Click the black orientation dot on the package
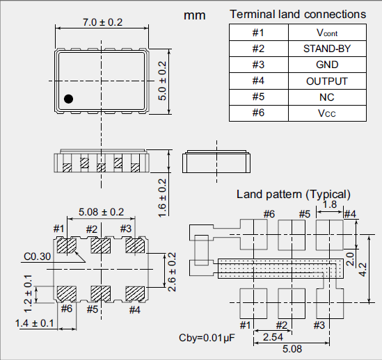(x=68, y=99)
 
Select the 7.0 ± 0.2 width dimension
(x=102, y=22)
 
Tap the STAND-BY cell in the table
(x=327, y=49)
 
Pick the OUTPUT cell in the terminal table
(x=327, y=81)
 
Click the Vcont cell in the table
(x=327, y=33)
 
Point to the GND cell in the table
(x=327, y=65)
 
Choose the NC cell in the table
(x=327, y=97)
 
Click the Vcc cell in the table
(x=327, y=113)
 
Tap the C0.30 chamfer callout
(x=38, y=256)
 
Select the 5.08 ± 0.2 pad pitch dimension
(x=101, y=212)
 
